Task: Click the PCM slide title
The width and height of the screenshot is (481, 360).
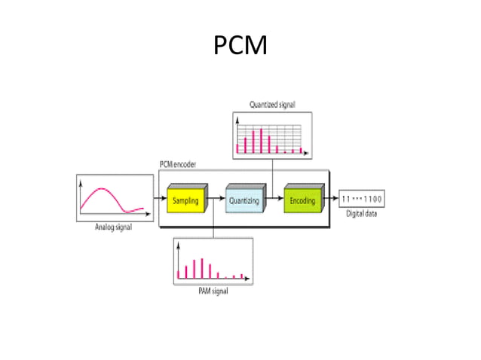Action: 240,47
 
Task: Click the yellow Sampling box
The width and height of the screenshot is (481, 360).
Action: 185,200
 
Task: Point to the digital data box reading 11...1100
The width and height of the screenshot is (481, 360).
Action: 361,200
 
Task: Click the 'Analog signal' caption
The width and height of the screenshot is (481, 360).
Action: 113,227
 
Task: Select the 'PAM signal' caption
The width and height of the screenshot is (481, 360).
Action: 212,291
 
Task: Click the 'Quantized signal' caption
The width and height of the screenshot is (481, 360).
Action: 272,105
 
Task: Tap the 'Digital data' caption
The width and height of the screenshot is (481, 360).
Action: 362,214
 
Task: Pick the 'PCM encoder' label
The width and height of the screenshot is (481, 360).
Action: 178,165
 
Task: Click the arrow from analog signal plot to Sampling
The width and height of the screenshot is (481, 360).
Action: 158,200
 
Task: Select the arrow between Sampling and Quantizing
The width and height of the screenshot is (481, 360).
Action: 216,200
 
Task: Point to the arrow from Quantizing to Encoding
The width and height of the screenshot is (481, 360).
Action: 273,200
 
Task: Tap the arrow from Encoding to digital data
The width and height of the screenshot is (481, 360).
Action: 330,200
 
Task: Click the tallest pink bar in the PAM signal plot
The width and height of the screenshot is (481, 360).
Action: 201,268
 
